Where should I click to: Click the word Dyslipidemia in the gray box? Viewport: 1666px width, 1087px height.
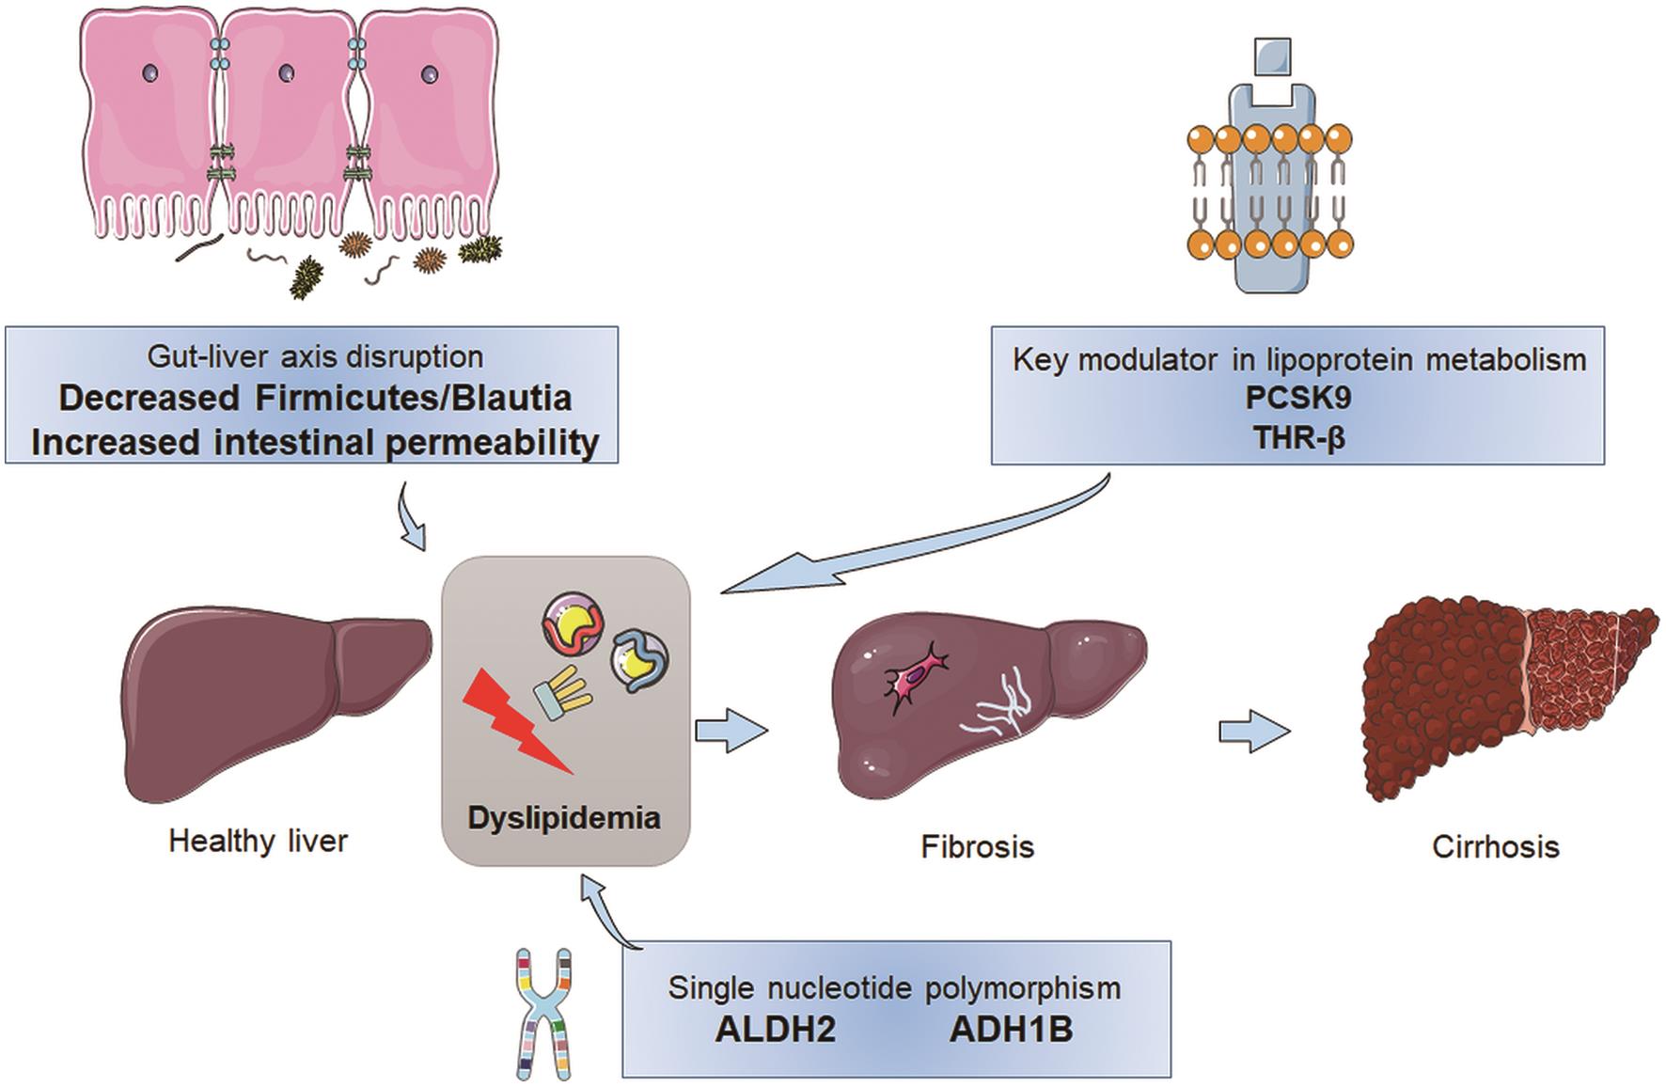564,817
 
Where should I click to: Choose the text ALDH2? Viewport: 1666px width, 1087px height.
775,1030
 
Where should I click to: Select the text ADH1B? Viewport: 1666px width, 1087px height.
1011,1030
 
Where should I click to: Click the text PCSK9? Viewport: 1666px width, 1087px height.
1298,398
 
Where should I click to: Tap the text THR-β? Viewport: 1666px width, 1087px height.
1298,437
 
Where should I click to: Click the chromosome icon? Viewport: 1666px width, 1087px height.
544,1013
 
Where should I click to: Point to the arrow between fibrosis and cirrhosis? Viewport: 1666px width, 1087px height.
1253,732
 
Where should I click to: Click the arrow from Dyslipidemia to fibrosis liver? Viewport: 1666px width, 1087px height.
731,732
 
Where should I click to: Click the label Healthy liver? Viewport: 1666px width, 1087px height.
258,841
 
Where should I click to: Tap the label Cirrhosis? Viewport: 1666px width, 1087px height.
1495,846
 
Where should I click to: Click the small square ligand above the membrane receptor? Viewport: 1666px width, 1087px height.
1272,56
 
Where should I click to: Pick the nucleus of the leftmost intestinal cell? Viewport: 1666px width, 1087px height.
150,72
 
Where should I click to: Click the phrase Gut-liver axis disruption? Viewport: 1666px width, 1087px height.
315,357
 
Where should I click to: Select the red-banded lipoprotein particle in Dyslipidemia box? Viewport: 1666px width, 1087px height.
573,625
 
